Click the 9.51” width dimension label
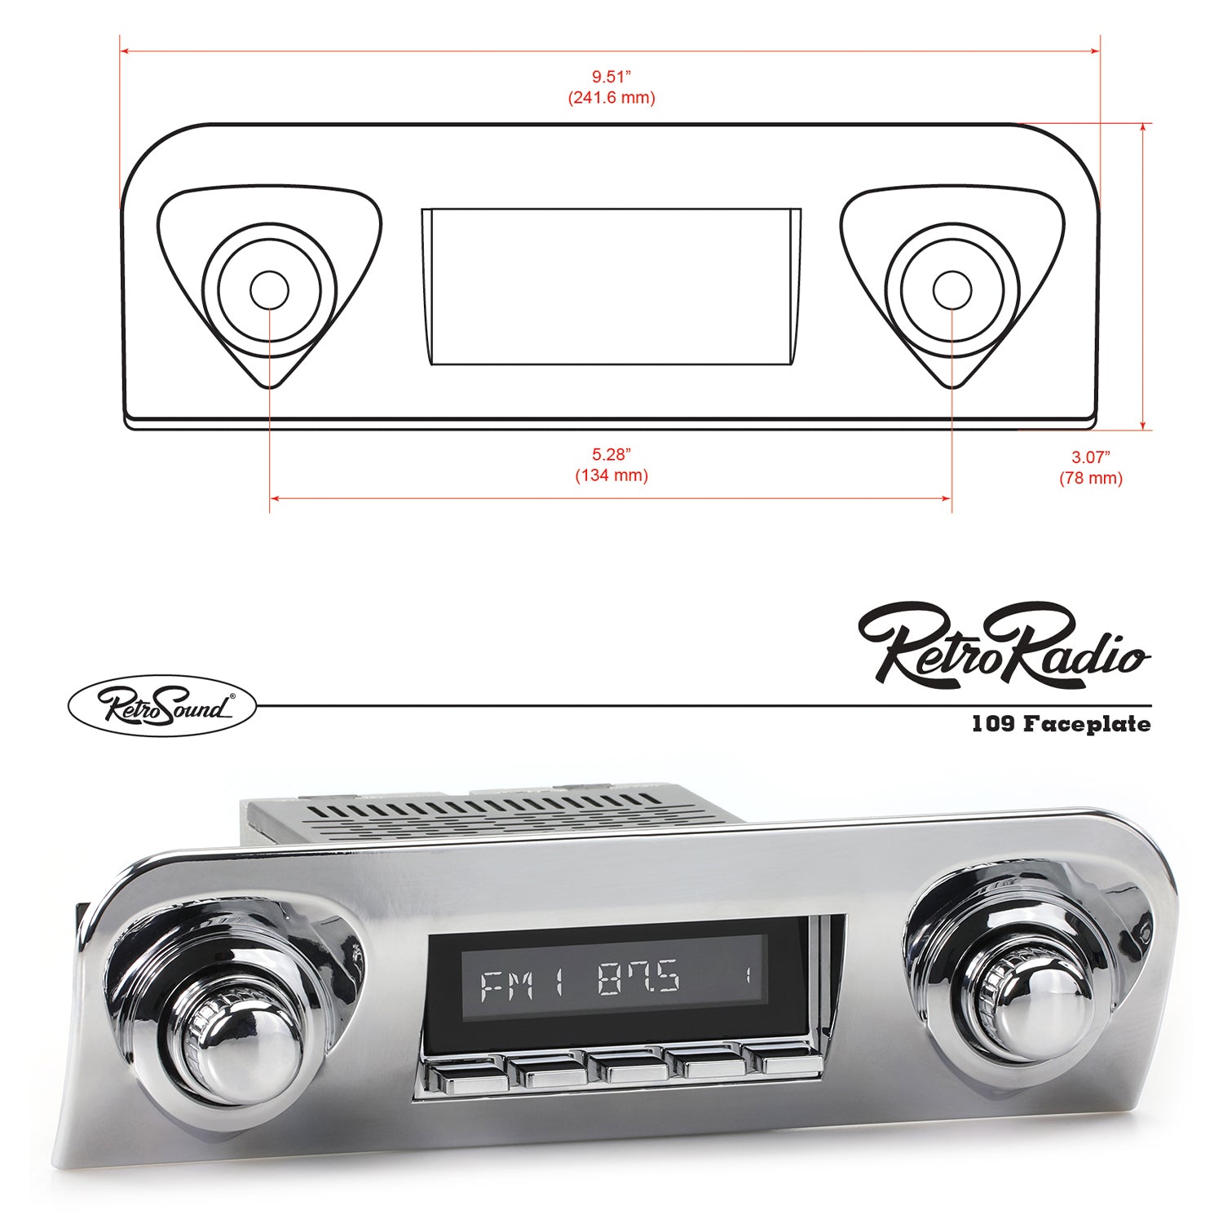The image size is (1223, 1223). click(x=611, y=77)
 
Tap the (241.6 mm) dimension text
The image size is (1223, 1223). click(x=611, y=98)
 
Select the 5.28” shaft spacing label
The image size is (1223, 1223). click(x=611, y=455)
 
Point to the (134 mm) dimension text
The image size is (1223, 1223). click(x=611, y=475)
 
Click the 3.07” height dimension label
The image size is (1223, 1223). click(x=1091, y=457)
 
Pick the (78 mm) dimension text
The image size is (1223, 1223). click(x=1091, y=479)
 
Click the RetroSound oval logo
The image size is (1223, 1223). click(x=161, y=706)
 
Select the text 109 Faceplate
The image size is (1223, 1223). click(x=1061, y=724)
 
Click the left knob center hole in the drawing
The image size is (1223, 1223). click(x=269, y=291)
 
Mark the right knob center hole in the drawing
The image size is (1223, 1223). click(x=951, y=291)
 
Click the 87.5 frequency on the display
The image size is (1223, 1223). click(x=638, y=978)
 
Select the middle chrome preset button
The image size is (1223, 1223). click(x=626, y=1068)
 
